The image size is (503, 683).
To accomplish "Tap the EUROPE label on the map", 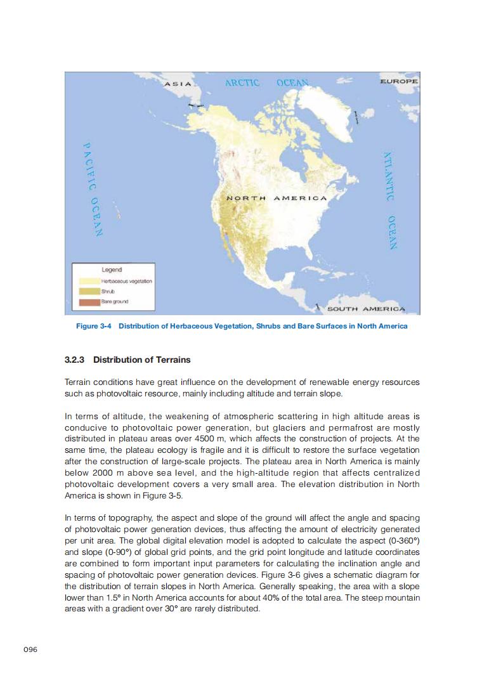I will pos(398,81).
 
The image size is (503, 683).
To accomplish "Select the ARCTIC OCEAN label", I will pos(266,83).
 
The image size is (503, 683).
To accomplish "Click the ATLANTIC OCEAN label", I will pos(391,200).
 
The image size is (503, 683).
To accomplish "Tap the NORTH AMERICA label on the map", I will pos(277,198).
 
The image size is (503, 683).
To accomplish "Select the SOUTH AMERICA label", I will pos(365,309).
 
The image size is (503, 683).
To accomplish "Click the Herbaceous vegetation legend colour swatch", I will pos(87,281).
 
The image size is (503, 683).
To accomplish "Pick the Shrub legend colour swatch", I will pos(87,291).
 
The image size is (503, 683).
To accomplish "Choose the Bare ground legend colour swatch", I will pos(87,301).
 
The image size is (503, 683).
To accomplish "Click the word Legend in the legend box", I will pos(112,270).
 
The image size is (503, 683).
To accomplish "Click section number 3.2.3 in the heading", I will pos(76,360).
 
